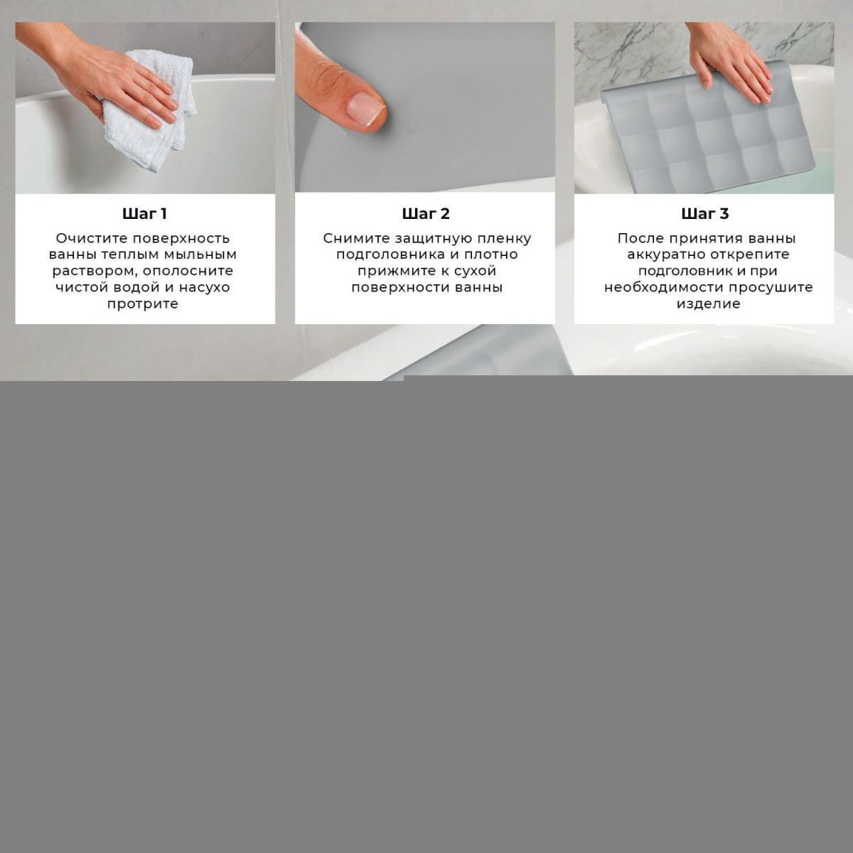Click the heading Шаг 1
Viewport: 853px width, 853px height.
click(x=145, y=214)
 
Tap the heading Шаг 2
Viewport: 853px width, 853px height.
click(x=425, y=214)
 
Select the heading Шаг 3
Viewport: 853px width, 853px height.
click(x=704, y=214)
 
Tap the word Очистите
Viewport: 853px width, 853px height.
click(x=92, y=239)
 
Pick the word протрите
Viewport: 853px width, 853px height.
click(x=143, y=304)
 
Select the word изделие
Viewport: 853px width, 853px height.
click(x=708, y=304)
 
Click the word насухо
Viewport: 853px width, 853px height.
click(x=205, y=288)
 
